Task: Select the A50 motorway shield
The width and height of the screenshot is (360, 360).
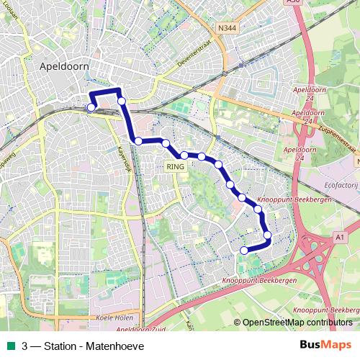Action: (x=292, y=2)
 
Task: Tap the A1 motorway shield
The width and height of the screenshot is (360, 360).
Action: (x=341, y=235)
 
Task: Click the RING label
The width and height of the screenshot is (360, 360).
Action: (x=176, y=166)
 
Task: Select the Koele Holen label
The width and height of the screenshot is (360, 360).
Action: (x=114, y=318)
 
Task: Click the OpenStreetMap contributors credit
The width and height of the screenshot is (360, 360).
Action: (x=297, y=323)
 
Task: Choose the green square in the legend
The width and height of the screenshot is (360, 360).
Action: (x=9, y=346)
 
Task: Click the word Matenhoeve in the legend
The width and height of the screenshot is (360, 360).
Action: (x=114, y=346)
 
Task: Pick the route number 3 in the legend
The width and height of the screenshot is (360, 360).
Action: (x=25, y=346)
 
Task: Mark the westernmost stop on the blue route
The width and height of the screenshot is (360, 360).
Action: (x=91, y=108)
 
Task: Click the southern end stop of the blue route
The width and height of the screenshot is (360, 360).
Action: (x=243, y=250)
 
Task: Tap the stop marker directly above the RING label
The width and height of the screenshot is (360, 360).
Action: (x=184, y=155)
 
